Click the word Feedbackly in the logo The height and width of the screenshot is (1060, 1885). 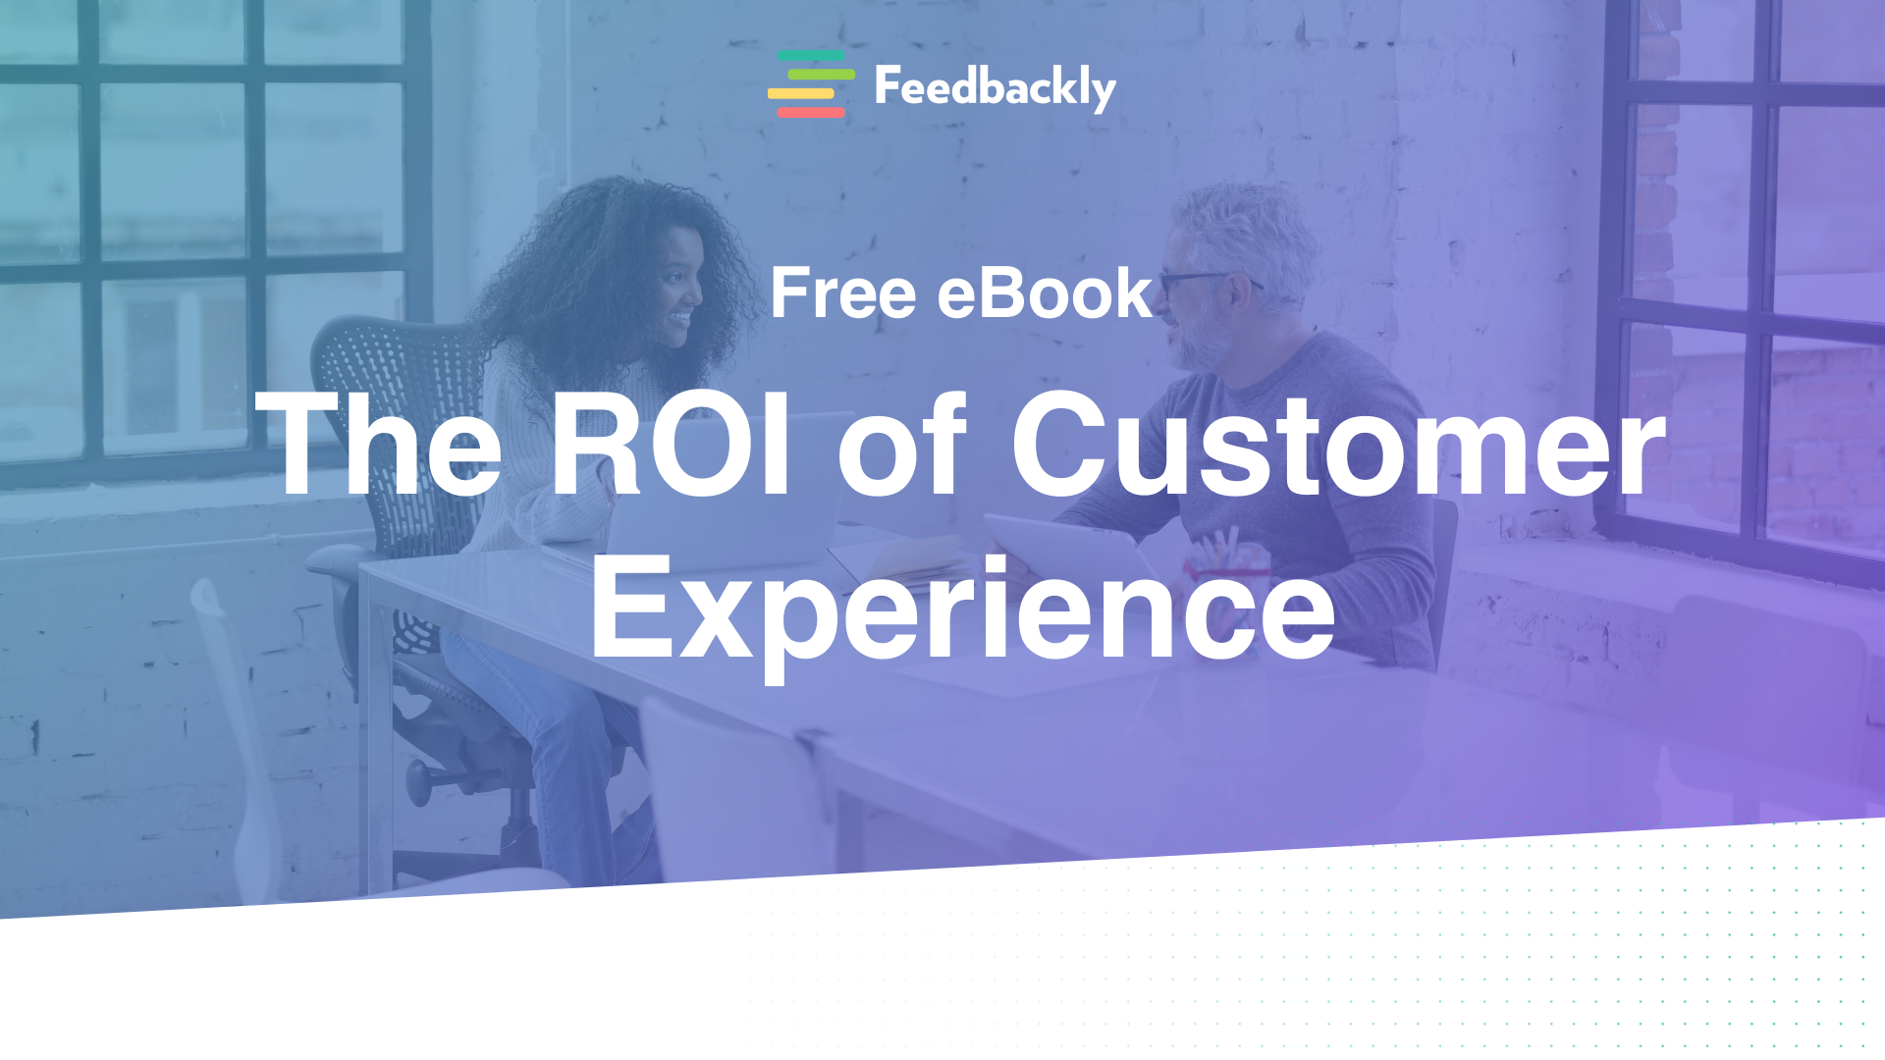pyautogui.click(x=995, y=88)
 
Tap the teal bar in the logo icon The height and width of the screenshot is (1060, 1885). pyautogui.click(x=811, y=56)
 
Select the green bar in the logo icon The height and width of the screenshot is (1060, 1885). pyautogui.click(x=821, y=75)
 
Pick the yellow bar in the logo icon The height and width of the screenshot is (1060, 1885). pyautogui.click(x=801, y=94)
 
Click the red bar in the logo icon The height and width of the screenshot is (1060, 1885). pyautogui.click(x=811, y=113)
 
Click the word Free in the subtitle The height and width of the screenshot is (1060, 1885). pyautogui.click(x=842, y=293)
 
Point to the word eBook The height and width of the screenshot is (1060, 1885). pyautogui.click(x=1045, y=293)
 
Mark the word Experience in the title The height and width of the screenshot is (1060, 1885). pyautogui.click(x=962, y=609)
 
